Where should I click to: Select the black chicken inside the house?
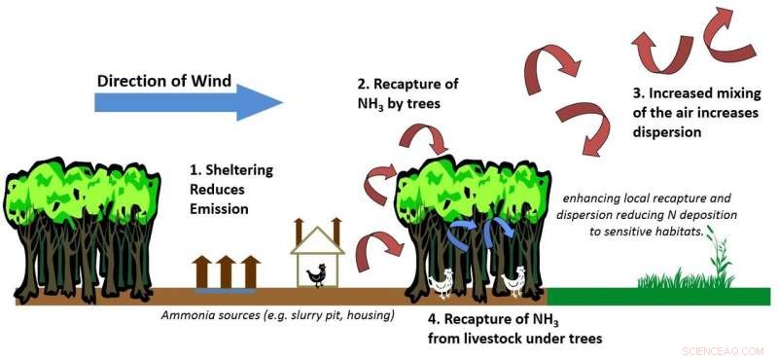click(315, 277)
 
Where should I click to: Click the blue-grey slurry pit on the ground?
click(226, 289)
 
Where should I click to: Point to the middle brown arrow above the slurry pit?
click(226, 270)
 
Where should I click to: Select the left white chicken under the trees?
click(443, 283)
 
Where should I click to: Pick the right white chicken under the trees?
click(513, 283)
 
